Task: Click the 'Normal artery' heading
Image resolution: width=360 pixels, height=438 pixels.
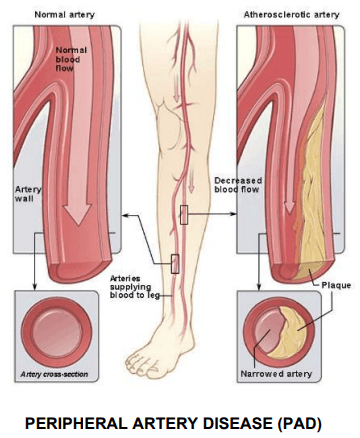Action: (65, 15)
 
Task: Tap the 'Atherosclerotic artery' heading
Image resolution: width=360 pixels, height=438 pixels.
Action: (291, 15)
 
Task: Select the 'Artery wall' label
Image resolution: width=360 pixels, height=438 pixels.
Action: (28, 194)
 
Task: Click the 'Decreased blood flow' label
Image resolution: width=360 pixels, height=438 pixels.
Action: (238, 185)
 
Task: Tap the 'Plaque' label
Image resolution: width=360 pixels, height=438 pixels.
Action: (336, 285)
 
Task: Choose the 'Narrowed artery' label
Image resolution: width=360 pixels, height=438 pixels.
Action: (276, 374)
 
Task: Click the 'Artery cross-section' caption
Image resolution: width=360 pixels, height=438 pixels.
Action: (54, 374)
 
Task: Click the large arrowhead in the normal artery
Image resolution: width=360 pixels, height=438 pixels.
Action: (77, 213)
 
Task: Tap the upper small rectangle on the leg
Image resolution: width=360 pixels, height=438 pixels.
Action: (184, 215)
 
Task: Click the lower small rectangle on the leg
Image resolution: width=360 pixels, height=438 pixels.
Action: (175, 264)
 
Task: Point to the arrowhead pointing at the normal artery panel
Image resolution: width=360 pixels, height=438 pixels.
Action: (125, 215)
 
